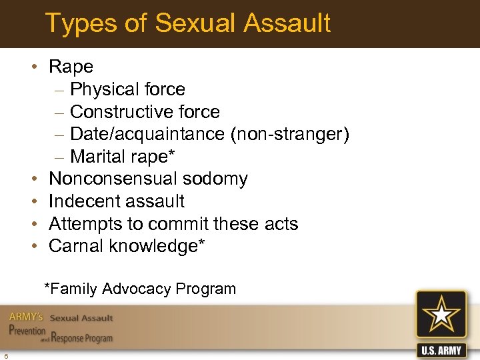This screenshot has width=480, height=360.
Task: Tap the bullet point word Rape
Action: pyautogui.click(x=71, y=67)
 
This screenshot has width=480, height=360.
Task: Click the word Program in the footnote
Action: pyautogui.click(x=206, y=289)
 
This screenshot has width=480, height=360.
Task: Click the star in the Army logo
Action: pyautogui.click(x=442, y=317)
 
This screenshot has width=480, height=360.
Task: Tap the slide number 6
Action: pyautogui.click(x=5, y=354)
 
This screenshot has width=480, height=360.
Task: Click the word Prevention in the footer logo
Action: pyautogui.click(x=27, y=331)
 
